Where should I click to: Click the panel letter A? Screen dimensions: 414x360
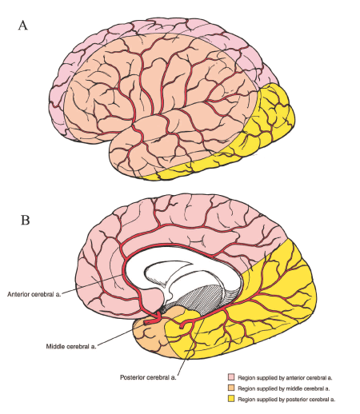[24, 25]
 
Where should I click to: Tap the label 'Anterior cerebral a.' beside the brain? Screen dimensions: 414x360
[37, 293]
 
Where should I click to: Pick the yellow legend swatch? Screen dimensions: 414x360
[232, 397]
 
